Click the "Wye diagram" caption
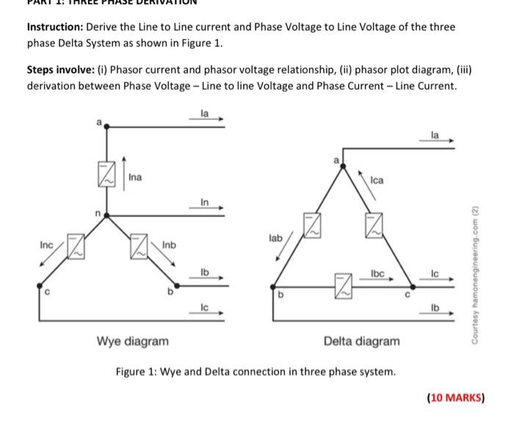(x=132, y=341)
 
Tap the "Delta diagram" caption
(x=362, y=341)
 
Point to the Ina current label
(x=135, y=177)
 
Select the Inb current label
(x=169, y=243)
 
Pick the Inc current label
(x=47, y=243)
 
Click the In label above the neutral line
(x=205, y=202)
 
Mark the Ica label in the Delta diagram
(x=377, y=179)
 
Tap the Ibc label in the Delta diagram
(x=377, y=273)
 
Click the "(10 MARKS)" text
(x=455, y=398)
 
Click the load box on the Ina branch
(x=107, y=176)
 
